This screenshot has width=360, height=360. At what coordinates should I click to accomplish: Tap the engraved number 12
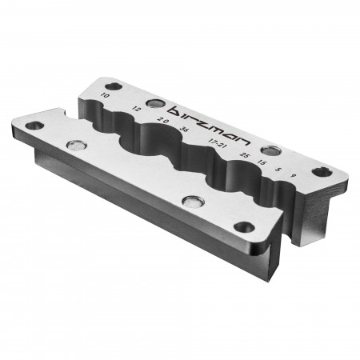[137, 108]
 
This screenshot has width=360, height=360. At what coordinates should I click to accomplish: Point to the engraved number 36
[185, 129]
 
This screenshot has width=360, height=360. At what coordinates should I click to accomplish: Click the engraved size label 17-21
[214, 142]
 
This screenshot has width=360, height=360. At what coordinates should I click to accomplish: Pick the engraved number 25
[244, 154]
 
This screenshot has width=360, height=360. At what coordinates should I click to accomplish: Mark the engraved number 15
[263, 162]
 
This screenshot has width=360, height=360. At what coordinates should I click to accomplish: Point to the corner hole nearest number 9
[322, 171]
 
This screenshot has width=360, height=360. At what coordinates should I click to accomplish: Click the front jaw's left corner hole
[33, 126]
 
